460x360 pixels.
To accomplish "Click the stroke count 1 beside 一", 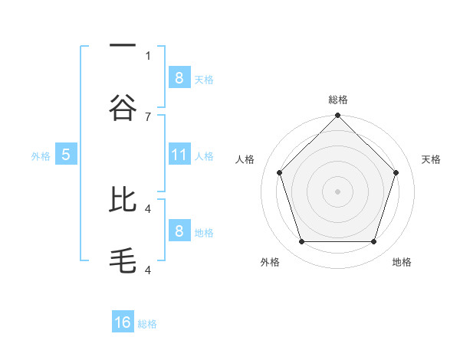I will (x=148, y=55).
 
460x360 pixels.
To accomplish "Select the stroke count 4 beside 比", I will (x=148, y=208).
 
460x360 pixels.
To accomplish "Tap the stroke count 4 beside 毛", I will (x=148, y=270).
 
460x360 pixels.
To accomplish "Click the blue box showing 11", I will (x=179, y=155).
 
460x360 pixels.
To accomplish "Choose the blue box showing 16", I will (x=123, y=322).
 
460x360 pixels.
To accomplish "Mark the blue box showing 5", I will (x=66, y=155).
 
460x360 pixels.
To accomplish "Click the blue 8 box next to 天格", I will (x=179, y=77).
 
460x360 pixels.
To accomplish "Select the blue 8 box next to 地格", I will (x=179, y=231).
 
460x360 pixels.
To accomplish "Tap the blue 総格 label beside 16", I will (x=147, y=324).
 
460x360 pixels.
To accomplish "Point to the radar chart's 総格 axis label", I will (x=337, y=100).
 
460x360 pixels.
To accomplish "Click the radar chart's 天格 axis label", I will (x=431, y=159).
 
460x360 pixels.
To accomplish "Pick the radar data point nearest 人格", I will (x=280, y=172).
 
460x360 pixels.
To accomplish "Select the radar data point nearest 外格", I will (x=301, y=242).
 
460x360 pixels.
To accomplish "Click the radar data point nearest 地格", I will (x=373, y=242).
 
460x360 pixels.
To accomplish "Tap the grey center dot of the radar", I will (x=337, y=191).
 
